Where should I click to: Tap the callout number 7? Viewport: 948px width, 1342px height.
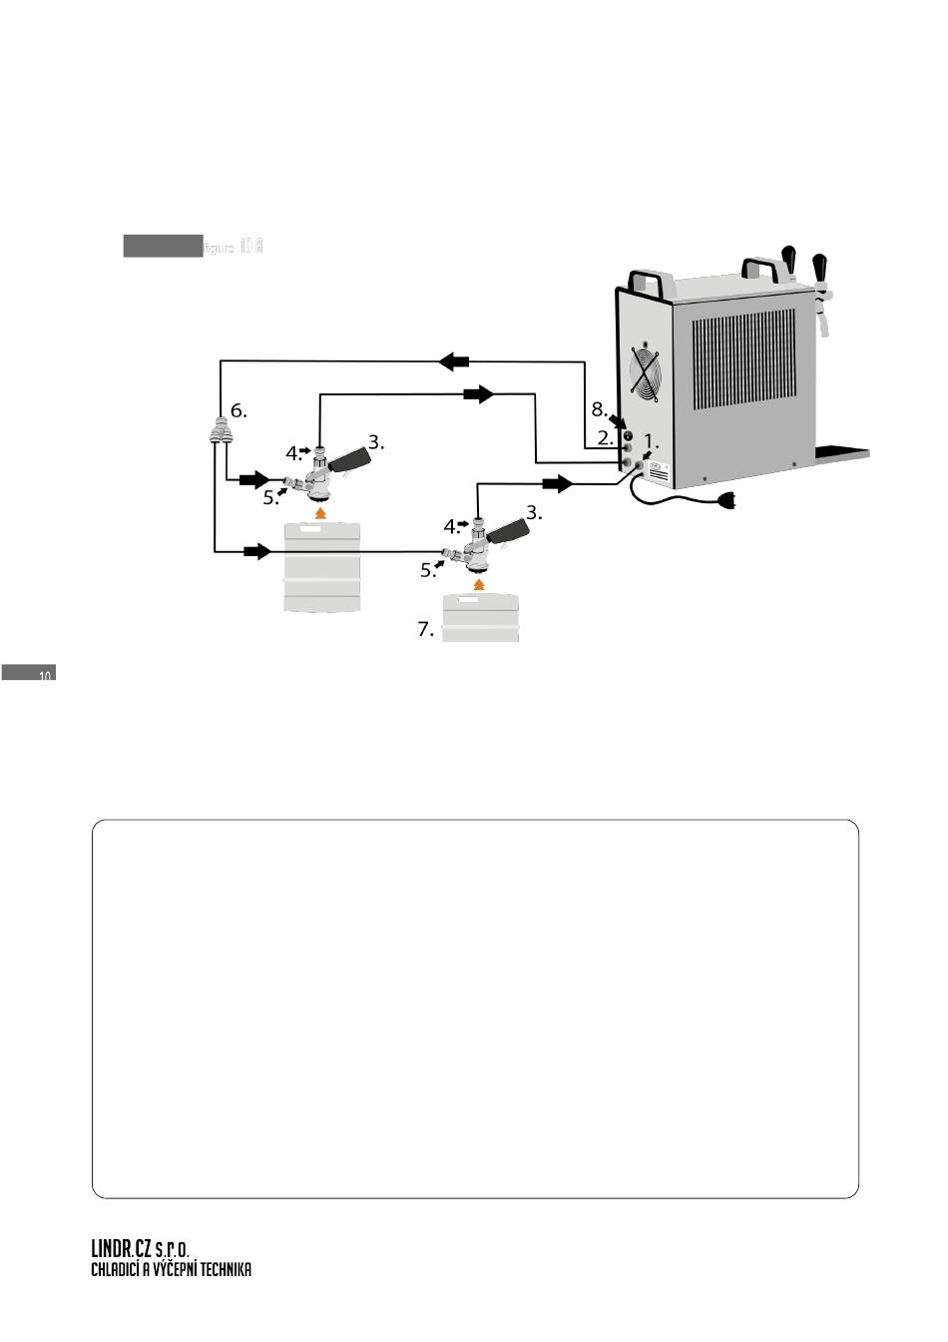coord(425,630)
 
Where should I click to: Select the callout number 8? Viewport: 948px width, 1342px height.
coord(599,409)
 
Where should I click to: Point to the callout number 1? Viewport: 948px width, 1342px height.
coord(652,440)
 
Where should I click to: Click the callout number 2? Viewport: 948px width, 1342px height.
coord(605,437)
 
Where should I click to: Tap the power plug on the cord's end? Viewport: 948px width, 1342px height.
coord(726,501)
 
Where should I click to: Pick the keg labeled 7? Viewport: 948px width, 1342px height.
coord(480,619)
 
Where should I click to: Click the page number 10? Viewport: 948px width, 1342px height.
coord(44,677)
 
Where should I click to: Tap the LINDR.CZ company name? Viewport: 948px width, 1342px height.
coord(122,1249)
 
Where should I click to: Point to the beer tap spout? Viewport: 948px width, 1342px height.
coord(824,326)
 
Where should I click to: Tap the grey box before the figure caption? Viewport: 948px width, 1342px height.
coord(163,246)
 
